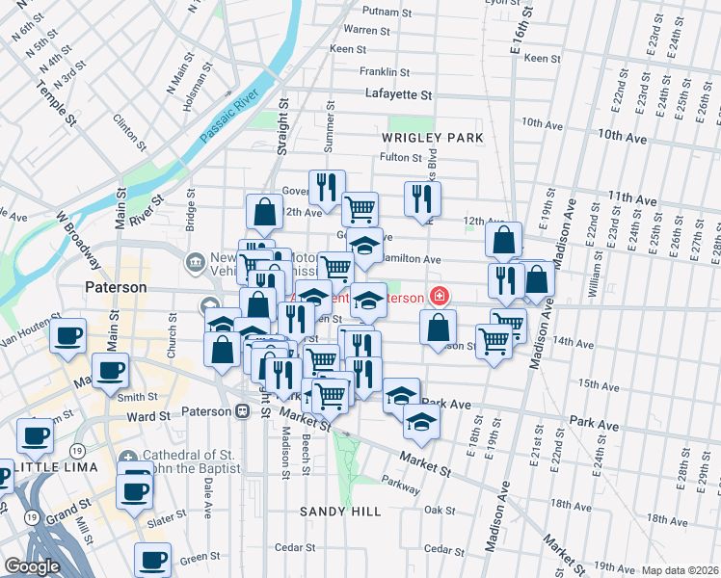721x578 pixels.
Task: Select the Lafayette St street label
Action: (x=399, y=94)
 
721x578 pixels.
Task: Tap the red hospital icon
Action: (x=440, y=296)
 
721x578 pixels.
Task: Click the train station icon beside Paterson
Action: (x=242, y=411)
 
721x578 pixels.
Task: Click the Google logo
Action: (x=32, y=566)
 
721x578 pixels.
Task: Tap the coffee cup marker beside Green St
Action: (x=152, y=558)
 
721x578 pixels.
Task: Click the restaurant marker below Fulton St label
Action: (x=422, y=197)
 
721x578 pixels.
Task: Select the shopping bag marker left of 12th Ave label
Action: (x=264, y=210)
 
